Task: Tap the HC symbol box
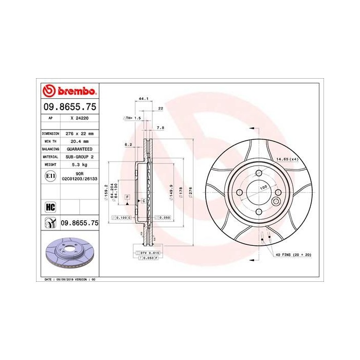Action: pos(50,207)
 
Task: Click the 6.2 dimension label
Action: pos(128,145)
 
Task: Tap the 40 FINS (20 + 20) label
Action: pos(294,255)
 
